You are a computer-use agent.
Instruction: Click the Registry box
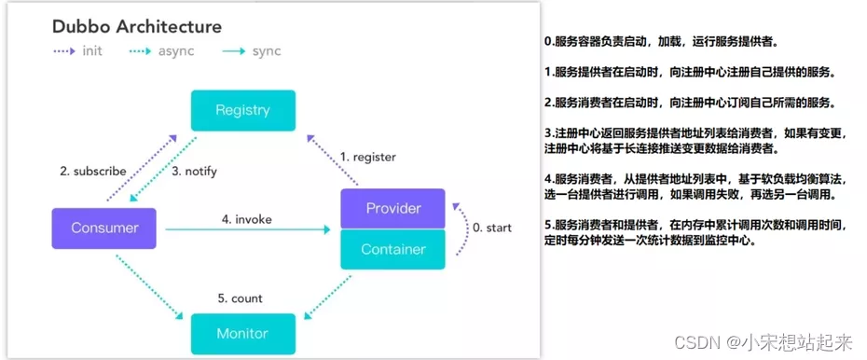pyautogui.click(x=242, y=110)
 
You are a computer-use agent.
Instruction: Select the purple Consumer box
pyautogui.click(x=103, y=228)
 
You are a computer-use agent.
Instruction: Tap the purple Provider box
pyautogui.click(x=392, y=208)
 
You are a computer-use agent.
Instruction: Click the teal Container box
pyautogui.click(x=392, y=249)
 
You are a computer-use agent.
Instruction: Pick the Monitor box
pyautogui.click(x=242, y=333)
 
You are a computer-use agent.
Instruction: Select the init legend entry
pyautogui.click(x=79, y=50)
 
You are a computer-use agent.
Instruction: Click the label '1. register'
pyautogui.click(x=367, y=157)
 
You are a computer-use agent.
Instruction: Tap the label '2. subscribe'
pyautogui.click(x=92, y=172)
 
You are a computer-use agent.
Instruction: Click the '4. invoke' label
pyautogui.click(x=246, y=219)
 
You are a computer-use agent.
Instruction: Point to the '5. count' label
pyautogui.click(x=240, y=298)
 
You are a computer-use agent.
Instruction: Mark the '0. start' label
pyautogui.click(x=490, y=228)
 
